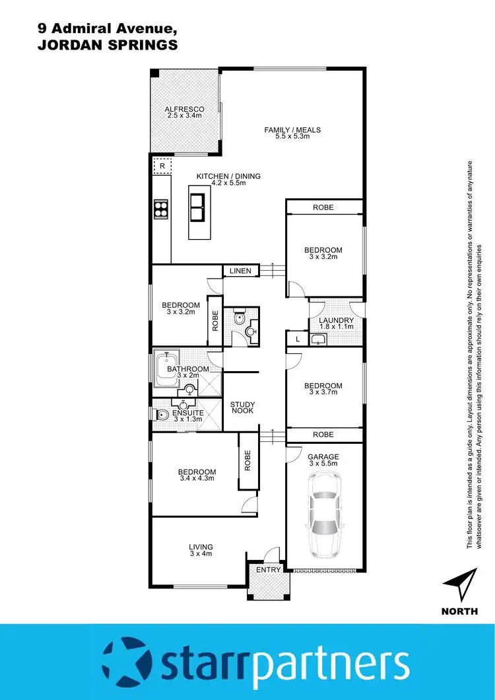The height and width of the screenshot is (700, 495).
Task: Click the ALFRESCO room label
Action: (x=185, y=112)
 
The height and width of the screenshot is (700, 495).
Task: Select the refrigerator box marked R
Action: (x=162, y=166)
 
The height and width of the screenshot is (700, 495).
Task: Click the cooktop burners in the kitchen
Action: (x=161, y=209)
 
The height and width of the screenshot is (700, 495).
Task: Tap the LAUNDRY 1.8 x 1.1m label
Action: (x=337, y=324)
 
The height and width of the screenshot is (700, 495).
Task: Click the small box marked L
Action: (x=298, y=339)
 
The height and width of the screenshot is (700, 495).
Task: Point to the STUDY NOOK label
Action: (x=242, y=408)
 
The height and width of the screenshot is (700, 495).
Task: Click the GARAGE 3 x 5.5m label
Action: (x=323, y=460)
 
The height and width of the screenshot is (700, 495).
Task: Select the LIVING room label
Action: (x=201, y=551)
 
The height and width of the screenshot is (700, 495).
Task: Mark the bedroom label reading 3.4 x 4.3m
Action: (x=197, y=475)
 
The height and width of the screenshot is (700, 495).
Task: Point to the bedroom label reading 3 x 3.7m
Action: (x=323, y=389)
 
